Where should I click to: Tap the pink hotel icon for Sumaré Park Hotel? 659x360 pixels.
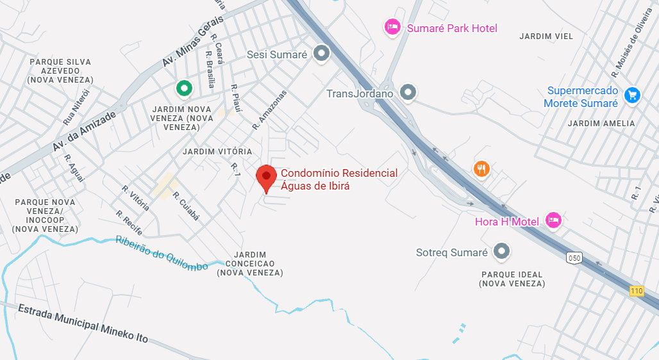coord(392,27)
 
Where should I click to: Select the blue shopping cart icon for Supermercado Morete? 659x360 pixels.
coord(632,95)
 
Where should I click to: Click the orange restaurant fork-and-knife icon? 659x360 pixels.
coord(482,169)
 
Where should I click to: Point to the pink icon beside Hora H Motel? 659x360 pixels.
coord(553,220)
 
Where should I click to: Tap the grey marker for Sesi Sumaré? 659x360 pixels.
coord(321,54)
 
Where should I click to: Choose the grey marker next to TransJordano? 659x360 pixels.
coord(408,93)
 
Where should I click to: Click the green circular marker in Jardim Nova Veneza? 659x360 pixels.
coord(184,88)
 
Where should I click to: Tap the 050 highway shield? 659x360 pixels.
coord(574,258)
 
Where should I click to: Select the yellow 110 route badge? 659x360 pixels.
coord(636,291)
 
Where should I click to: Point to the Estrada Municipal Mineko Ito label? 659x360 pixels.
coord(83,322)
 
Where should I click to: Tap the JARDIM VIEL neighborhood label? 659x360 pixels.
coord(546,37)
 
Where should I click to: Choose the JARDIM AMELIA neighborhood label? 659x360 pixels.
coord(601,123)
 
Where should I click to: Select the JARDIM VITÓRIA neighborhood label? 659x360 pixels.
coord(217,151)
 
